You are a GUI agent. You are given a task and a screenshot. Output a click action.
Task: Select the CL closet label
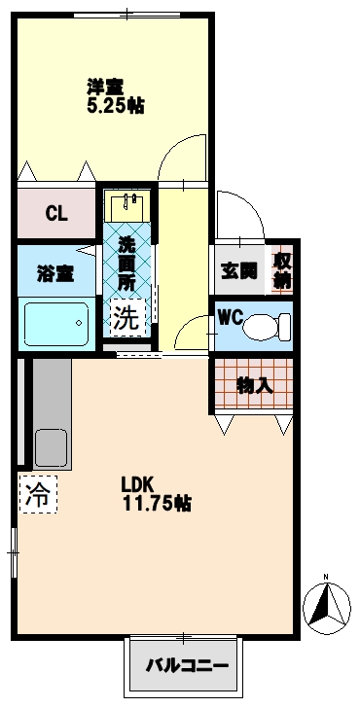(x=55, y=214)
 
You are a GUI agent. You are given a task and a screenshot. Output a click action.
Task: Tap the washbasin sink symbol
(x=127, y=206)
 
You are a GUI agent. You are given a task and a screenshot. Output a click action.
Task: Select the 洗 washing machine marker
(x=126, y=316)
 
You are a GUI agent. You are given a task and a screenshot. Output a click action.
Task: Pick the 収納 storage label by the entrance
(x=281, y=269)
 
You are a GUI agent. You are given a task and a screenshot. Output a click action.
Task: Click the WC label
(x=232, y=318)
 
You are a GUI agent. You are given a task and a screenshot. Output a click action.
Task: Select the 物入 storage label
(x=255, y=384)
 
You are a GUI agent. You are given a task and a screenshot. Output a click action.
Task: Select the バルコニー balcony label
(x=187, y=666)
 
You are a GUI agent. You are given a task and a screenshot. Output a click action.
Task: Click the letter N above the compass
(x=326, y=575)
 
